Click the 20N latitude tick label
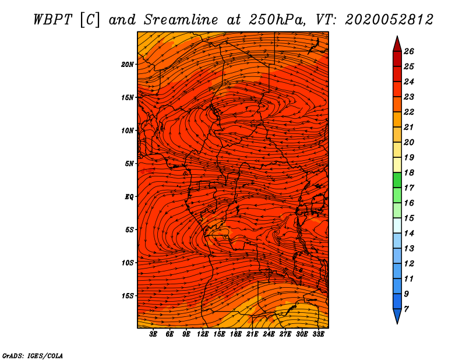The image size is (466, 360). tap(127, 65)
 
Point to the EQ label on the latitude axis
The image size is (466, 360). tap(129, 197)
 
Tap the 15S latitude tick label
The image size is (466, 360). tap(128, 296)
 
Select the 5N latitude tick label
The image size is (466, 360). tap(129, 164)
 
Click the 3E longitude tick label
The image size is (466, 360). tap(153, 334)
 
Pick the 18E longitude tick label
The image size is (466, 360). tap(236, 334)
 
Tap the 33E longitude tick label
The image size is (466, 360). tap(318, 334)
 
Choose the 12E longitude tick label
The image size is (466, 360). tap(203, 334)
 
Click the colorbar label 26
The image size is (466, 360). tap(409, 51)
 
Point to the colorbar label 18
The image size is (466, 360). tap(409, 172)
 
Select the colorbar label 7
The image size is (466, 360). tap(406, 309)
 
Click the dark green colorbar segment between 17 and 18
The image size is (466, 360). tap(397, 180)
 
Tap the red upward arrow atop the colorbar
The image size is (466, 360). tap(397, 45)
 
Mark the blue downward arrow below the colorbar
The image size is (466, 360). tap(397, 316)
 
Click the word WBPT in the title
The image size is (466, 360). tap(52, 20)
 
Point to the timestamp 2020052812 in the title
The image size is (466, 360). tap(389, 20)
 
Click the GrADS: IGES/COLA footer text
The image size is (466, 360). tap(33, 355)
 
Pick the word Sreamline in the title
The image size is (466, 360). tap(181, 20)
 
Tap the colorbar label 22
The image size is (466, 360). tap(409, 112)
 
